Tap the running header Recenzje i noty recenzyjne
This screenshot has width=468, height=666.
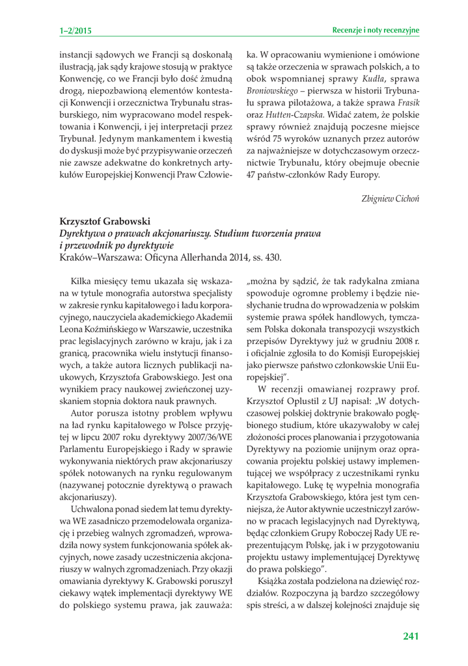click(376, 30)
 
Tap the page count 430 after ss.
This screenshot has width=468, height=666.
click(273, 257)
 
